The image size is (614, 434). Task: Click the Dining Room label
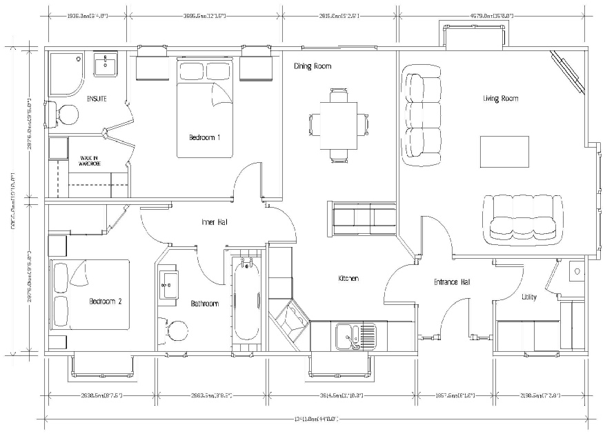point(313,66)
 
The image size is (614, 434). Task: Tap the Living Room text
point(500,99)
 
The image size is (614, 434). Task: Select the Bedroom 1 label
point(205,137)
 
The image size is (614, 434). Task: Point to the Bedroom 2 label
point(106,302)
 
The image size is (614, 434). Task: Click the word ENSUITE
point(96,99)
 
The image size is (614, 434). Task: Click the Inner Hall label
point(215,222)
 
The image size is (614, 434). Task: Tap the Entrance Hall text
point(452,282)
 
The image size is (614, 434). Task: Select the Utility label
point(529,297)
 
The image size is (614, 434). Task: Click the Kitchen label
point(348,278)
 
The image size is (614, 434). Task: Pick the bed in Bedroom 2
point(90,295)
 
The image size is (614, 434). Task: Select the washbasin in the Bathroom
point(169,283)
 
